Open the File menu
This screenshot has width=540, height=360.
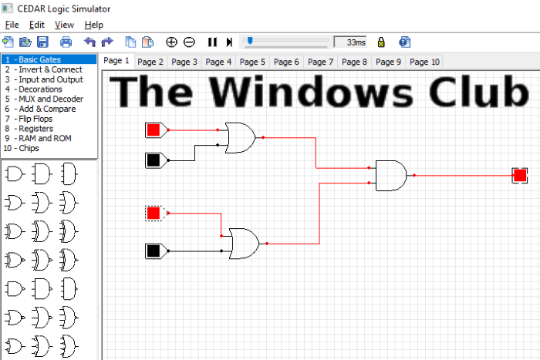[12, 25]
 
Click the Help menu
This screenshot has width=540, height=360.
[93, 25]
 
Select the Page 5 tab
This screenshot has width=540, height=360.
[252, 62]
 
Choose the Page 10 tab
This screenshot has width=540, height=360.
[424, 62]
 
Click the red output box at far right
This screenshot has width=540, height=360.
[520, 176]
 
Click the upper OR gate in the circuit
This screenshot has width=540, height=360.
[240, 137]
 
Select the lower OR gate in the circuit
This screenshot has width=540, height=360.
[245, 243]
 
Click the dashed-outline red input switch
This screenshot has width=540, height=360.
[154, 213]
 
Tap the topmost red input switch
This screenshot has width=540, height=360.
[154, 130]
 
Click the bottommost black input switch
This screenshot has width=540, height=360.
[154, 251]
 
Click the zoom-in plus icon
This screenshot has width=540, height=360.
[171, 42]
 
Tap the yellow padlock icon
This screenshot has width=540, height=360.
[381, 42]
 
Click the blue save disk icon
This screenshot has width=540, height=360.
[42, 42]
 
